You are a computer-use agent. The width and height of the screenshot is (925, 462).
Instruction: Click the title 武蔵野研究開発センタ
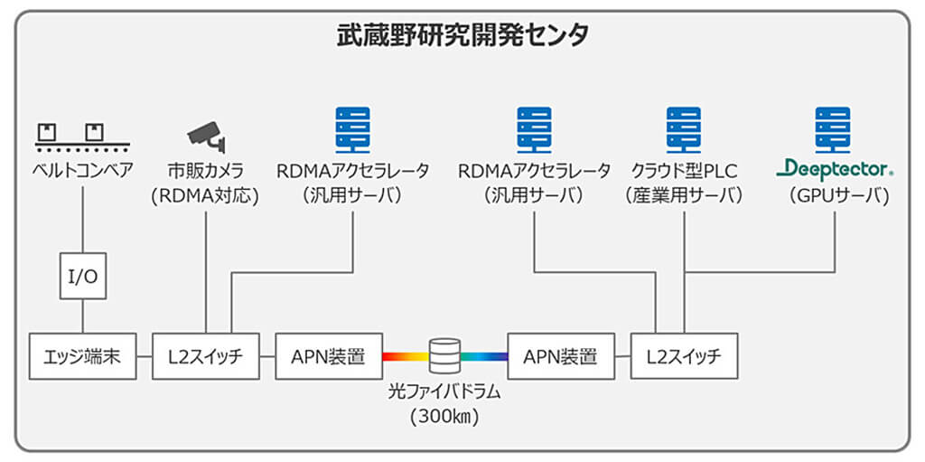(462, 35)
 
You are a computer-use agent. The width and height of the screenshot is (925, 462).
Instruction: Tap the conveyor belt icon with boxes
(82, 136)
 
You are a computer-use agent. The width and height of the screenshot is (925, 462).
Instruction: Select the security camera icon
(206, 134)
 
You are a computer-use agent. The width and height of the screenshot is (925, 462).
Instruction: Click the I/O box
(83, 276)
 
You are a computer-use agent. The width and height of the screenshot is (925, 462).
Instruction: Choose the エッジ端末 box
(82, 356)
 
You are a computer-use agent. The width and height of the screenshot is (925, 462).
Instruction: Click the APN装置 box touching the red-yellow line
(328, 356)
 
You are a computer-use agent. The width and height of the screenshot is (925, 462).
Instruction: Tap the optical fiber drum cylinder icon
(444, 355)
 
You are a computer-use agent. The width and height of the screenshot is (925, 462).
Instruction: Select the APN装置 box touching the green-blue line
(560, 356)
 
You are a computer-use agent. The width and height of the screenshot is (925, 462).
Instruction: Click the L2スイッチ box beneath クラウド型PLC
(683, 356)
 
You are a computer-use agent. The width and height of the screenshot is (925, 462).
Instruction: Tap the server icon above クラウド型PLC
(684, 128)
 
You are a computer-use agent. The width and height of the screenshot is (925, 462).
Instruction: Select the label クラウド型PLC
(684, 169)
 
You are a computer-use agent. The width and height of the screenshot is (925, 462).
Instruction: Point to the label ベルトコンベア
(82, 169)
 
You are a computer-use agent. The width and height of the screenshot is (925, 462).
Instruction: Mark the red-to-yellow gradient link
(404, 356)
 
